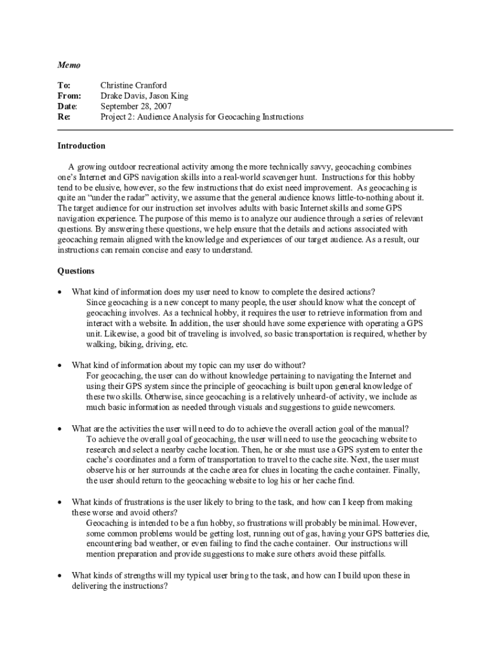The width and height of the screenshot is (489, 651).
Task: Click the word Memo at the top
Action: tap(69, 65)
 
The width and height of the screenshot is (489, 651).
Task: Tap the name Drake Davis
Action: tap(122, 96)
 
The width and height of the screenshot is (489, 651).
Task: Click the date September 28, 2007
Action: tap(136, 106)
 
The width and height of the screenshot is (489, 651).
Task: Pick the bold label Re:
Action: tap(64, 117)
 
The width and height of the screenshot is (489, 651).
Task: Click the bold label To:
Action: tap(64, 86)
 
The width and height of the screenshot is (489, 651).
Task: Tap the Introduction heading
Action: tap(81, 146)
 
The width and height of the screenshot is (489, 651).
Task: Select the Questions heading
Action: tap(76, 271)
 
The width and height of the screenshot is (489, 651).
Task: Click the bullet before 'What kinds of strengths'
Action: tap(60, 576)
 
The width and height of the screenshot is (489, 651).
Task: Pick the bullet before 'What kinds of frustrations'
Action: tap(60, 502)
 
